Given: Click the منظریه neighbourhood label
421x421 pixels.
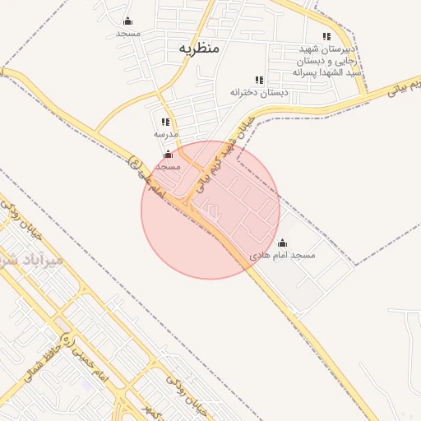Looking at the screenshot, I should (199, 49).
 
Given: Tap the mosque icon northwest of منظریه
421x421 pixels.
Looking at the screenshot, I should (127, 21).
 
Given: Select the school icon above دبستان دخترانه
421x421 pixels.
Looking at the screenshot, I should (259, 80).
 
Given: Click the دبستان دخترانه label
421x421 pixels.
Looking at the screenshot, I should (259, 92).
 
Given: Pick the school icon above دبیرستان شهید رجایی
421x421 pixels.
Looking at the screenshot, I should (326, 36).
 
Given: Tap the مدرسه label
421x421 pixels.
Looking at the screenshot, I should (165, 133).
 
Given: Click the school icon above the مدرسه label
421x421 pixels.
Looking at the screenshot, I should (165, 122).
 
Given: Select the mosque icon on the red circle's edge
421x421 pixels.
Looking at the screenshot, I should (169, 154).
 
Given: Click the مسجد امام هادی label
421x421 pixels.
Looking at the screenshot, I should (283, 256).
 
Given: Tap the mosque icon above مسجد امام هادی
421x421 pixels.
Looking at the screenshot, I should (283, 243).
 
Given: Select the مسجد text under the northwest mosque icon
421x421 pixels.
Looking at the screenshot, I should (127, 34).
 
